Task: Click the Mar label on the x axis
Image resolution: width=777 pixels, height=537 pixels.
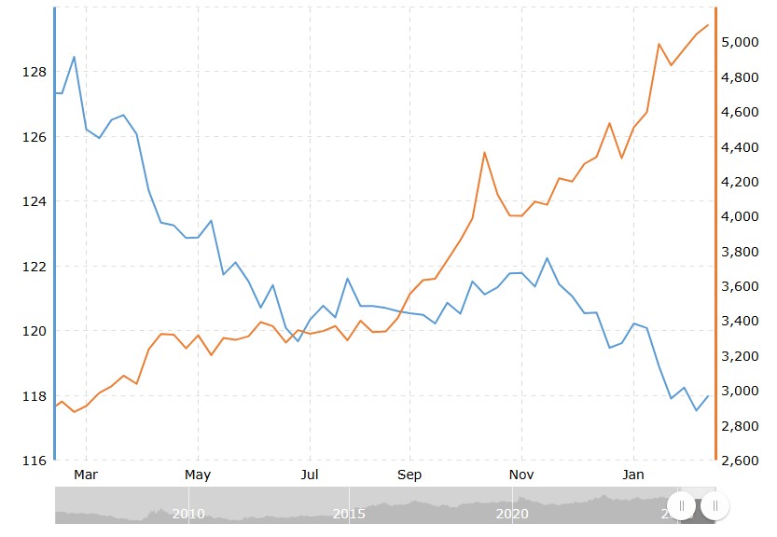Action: tap(86, 475)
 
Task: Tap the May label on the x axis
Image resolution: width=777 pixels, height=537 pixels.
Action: tap(198, 475)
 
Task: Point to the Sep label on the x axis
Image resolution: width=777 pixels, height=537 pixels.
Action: tap(409, 475)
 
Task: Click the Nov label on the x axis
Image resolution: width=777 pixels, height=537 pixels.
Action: tap(521, 475)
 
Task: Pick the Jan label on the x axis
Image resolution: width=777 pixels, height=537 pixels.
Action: tap(633, 475)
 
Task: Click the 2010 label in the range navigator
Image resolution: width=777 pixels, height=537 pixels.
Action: tap(188, 514)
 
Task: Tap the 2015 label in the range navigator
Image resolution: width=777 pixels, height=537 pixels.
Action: tap(350, 514)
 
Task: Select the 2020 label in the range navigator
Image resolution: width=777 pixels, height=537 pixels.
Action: tap(512, 514)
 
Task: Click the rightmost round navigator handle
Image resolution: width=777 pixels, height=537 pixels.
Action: tap(715, 505)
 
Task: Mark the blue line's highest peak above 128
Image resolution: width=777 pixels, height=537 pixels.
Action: tap(74, 57)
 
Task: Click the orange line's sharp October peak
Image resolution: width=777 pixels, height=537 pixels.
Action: tap(484, 152)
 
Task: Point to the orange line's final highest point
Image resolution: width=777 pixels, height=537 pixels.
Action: tap(708, 25)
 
